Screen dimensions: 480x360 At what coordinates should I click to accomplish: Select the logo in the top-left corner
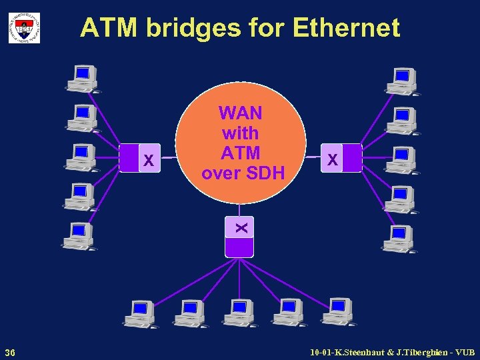[x=24, y=28]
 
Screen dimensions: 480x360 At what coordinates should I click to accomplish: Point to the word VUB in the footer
[x=463, y=351]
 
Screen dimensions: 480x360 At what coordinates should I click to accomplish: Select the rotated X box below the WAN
[x=240, y=227]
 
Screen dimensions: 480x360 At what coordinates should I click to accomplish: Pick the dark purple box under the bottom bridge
[x=240, y=247]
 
